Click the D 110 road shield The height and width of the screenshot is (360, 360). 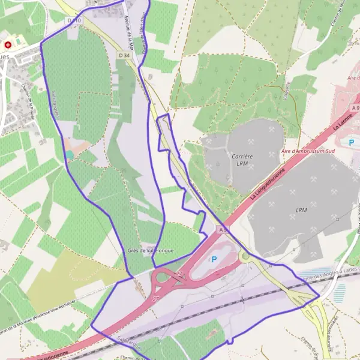click(74, 20)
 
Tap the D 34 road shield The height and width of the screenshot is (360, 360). click(124, 55)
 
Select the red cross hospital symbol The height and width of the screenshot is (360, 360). click(8, 44)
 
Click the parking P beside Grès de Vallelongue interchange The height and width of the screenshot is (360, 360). click(214, 259)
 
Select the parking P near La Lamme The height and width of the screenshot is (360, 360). click(352, 142)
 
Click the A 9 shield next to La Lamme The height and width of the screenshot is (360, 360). click(355, 108)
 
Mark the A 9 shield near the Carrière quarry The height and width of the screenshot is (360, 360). click(223, 230)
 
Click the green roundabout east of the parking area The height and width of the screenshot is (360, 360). click(245, 257)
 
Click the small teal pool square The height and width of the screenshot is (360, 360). click(70, 154)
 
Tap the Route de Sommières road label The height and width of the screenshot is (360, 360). click(331, 333)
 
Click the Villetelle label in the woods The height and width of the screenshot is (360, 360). click(286, 90)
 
